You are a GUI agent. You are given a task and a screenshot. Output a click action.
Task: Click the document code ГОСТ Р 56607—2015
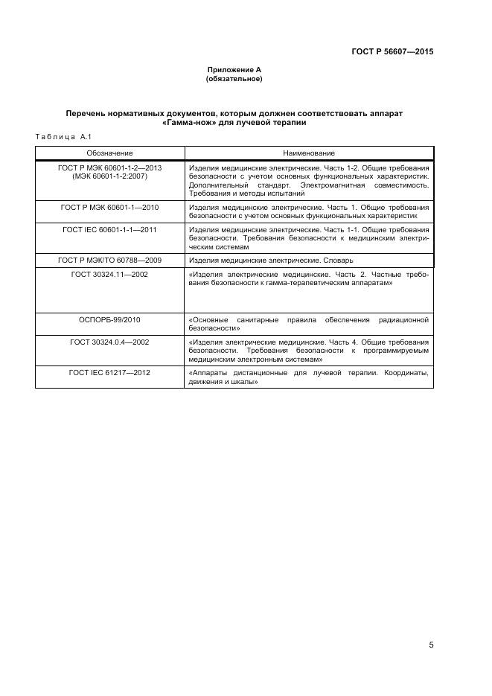[392, 52]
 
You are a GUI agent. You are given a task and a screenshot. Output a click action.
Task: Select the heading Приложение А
[234, 70]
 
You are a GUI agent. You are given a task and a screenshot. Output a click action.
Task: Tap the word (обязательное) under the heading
[234, 79]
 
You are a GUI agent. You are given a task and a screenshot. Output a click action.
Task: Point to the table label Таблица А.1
[63, 137]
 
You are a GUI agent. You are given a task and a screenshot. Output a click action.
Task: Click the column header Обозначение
[109, 153]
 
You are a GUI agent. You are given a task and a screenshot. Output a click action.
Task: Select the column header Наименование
[309, 153]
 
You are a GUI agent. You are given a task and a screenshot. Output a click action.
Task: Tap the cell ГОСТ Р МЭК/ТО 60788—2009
[109, 261]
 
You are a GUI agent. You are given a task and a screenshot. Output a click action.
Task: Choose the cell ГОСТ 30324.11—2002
[109, 274]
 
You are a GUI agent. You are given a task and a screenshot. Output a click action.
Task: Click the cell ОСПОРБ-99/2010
[109, 319]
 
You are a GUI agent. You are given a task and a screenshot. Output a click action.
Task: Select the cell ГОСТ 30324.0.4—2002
[109, 341]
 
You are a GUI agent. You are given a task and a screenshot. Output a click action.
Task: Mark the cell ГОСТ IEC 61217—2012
[109, 372]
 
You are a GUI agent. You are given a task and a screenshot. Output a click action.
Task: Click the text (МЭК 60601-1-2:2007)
[109, 176]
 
